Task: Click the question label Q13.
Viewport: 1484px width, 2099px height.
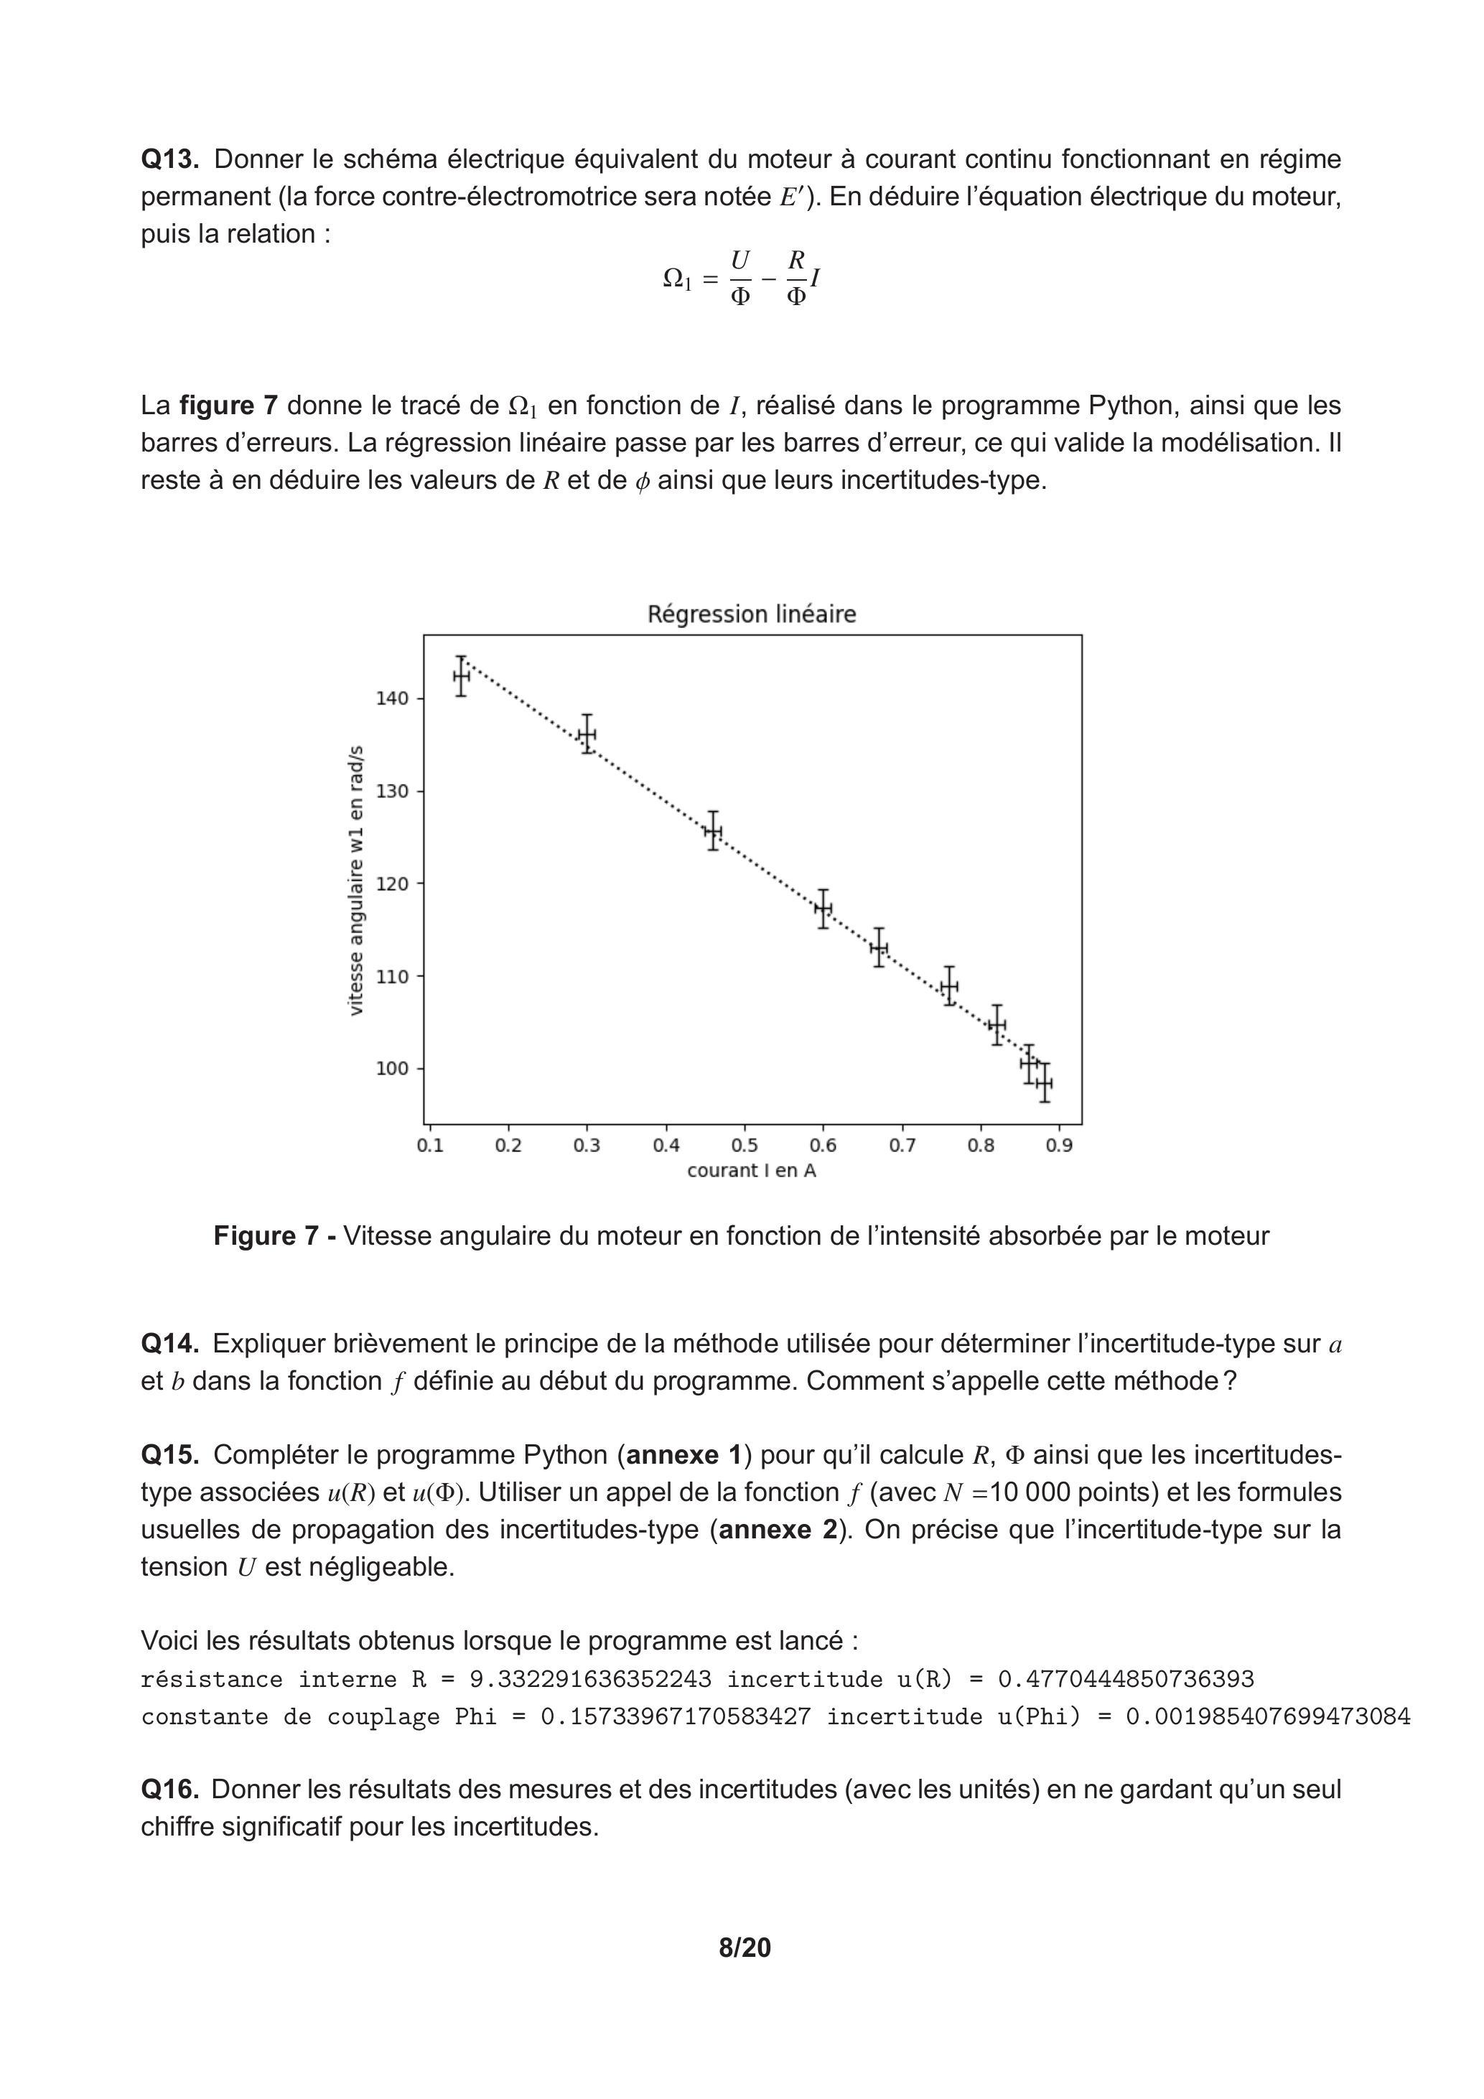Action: tap(169, 160)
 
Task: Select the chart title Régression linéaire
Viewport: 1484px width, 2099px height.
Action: tap(752, 614)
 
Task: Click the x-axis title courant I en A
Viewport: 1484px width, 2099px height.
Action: tap(752, 1171)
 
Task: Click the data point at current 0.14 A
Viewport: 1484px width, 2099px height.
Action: tap(461, 676)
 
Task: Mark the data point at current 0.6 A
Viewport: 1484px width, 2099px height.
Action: tap(823, 908)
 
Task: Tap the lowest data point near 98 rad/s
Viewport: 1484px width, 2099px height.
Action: tap(1044, 1083)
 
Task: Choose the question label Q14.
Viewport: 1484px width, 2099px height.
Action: tap(170, 1344)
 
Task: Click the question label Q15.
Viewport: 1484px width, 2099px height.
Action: tap(170, 1454)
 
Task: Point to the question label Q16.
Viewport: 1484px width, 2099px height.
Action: tap(170, 1789)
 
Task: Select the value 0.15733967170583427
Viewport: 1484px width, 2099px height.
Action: tap(676, 1717)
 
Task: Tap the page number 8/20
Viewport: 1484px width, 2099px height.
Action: tap(745, 1948)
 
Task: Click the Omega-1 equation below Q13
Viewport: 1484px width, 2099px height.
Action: tap(741, 278)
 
